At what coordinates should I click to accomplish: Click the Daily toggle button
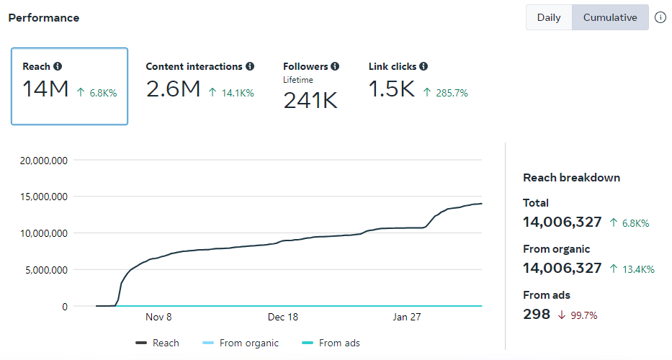[549, 17]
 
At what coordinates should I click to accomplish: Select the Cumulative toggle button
[610, 17]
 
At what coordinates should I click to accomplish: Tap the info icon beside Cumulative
[660, 17]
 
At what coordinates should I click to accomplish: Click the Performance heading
[44, 17]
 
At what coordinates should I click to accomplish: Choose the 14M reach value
[45, 89]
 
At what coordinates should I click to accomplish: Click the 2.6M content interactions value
[173, 89]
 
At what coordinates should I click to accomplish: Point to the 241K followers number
[310, 101]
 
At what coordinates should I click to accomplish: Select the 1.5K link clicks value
[392, 89]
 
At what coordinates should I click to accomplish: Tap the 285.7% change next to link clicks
[450, 93]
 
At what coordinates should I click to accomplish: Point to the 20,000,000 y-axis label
[42, 160]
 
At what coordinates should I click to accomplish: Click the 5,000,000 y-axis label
[45, 270]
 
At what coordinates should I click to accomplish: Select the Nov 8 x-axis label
[158, 318]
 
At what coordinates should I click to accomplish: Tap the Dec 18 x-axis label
[283, 318]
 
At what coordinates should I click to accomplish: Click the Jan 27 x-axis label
[407, 318]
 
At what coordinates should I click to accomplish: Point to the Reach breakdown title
[571, 178]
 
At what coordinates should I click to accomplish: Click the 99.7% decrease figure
[583, 315]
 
